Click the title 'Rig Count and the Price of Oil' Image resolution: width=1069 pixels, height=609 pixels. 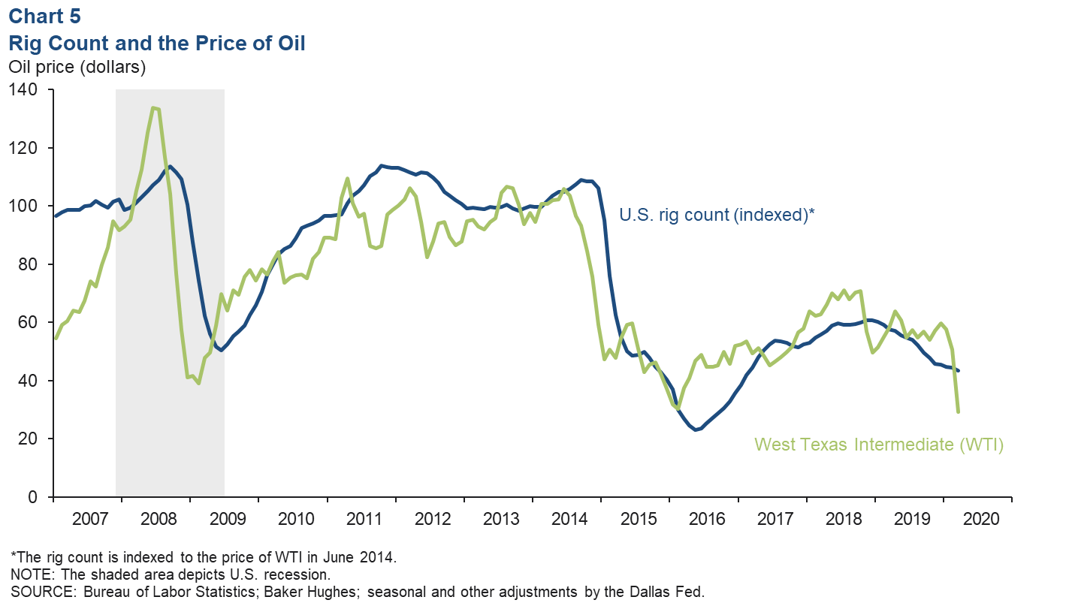(157, 43)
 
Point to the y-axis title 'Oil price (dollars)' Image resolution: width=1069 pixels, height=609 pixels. (77, 67)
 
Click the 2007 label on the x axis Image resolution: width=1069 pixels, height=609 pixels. (87, 519)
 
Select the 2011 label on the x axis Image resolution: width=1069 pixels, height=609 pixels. (361, 519)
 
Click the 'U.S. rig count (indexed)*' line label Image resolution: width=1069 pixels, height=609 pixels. (717, 215)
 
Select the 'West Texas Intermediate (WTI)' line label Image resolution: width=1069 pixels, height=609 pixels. (879, 445)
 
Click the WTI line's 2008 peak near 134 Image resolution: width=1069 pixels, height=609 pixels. (153, 107)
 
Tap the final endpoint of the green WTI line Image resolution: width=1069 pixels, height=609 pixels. (958, 412)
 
